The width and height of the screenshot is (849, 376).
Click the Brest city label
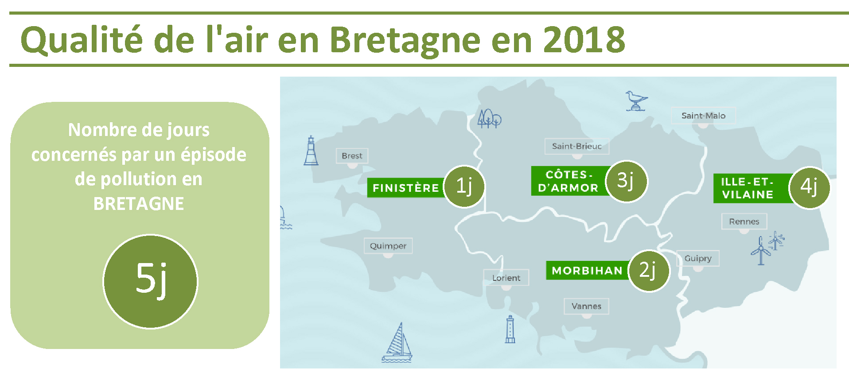pyautogui.click(x=352, y=156)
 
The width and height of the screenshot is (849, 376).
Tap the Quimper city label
pyautogui.click(x=388, y=246)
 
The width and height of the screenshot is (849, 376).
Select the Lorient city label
pyautogui.click(x=506, y=278)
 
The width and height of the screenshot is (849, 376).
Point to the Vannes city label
pyautogui.click(x=586, y=306)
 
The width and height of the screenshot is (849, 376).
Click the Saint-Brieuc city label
pyautogui.click(x=577, y=146)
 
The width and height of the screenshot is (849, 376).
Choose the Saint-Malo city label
pyautogui.click(x=703, y=116)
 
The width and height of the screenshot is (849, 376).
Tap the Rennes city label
pyautogui.click(x=744, y=221)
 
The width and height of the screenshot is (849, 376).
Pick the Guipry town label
pyautogui.click(x=698, y=258)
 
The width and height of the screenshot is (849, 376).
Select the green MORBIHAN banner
pyautogui.click(x=588, y=270)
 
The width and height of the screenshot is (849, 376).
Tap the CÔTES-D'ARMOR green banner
pyautogui.click(x=569, y=181)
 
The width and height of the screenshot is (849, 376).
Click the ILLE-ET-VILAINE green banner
pyautogui.click(x=752, y=188)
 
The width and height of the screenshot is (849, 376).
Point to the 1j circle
pyautogui.click(x=464, y=186)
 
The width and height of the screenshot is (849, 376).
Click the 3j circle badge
pyautogui.click(x=626, y=181)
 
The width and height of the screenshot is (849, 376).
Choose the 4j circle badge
pyautogui.click(x=810, y=188)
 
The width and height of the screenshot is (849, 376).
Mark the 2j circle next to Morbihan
pyautogui.click(x=649, y=271)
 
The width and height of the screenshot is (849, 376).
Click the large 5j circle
pyautogui.click(x=151, y=281)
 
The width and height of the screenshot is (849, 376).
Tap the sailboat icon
pyautogui.click(x=397, y=342)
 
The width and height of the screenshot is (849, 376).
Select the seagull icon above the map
pyautogui.click(x=636, y=101)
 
